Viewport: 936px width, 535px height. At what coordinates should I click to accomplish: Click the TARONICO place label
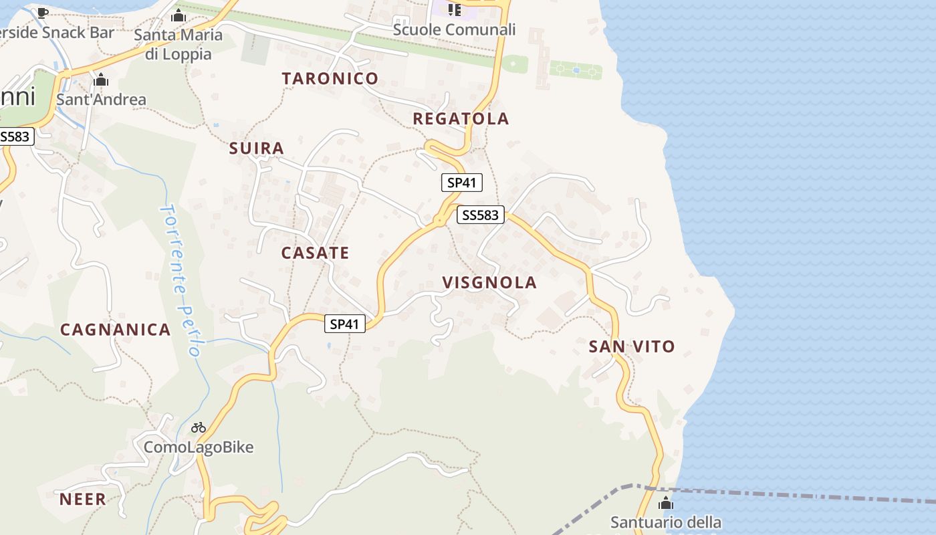tap(330, 78)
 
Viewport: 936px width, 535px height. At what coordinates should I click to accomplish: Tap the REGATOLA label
tap(461, 119)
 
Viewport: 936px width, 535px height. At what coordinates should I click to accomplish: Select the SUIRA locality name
tap(257, 148)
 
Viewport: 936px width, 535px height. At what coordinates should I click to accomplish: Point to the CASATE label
tap(315, 253)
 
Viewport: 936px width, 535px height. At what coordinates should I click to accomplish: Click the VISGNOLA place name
tap(489, 282)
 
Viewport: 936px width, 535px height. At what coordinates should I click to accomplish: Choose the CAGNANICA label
tap(116, 330)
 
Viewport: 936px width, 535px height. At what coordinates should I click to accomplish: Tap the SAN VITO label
tap(632, 346)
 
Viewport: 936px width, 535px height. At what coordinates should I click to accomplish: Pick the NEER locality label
tap(83, 499)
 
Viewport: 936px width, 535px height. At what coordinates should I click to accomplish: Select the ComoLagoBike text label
tap(199, 447)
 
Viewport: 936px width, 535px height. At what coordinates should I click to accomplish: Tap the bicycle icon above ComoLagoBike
tap(199, 427)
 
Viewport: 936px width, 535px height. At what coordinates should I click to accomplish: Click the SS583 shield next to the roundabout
tap(481, 215)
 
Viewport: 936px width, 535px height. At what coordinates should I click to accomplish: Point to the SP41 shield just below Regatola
tap(461, 183)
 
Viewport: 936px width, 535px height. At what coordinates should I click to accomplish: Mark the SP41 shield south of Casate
tap(345, 324)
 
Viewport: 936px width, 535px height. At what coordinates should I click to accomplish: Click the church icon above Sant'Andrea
tap(101, 80)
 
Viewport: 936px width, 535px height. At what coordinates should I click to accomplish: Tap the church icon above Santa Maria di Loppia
tap(179, 15)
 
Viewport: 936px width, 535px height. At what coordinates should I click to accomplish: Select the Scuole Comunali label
tap(454, 29)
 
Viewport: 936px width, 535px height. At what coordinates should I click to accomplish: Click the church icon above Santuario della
tap(666, 504)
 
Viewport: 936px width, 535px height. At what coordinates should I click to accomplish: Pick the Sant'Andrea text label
tap(101, 100)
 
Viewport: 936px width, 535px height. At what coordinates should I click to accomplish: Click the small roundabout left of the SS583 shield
tap(439, 219)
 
